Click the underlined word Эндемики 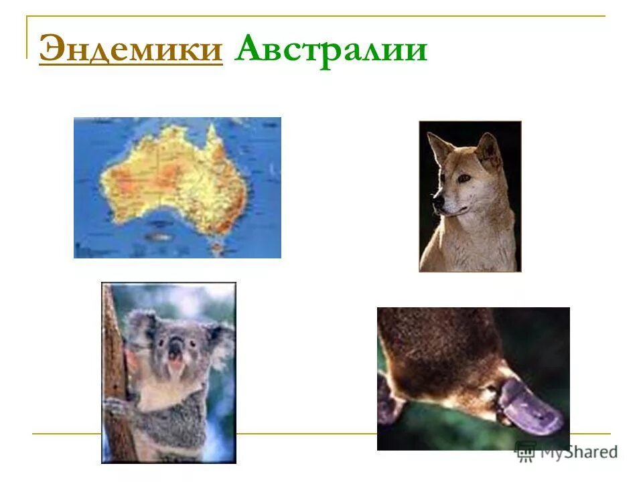click(131, 50)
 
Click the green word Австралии click(330, 50)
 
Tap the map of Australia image click(177, 187)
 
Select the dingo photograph click(470, 196)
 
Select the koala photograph click(168, 372)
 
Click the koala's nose click(176, 348)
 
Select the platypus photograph click(473, 378)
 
